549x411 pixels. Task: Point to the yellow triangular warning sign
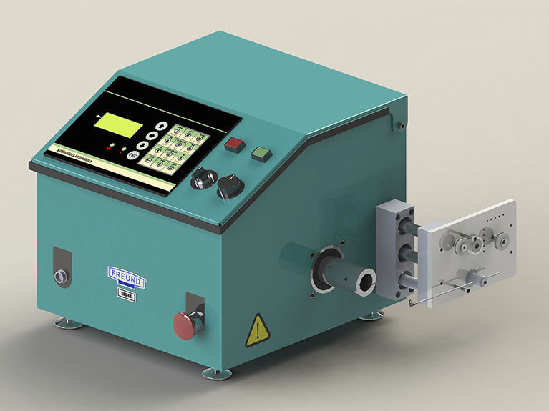point(257,329)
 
